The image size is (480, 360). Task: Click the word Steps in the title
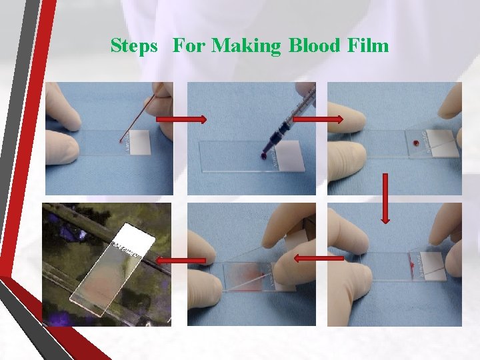coord(134,46)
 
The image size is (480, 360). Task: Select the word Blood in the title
coord(315,45)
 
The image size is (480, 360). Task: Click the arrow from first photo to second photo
coord(181,119)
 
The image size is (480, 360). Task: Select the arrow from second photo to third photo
coord(318,119)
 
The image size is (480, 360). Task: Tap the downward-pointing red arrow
coord(385,199)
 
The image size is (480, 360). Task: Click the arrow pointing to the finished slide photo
coord(181,261)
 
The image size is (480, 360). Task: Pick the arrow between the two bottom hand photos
coord(319,259)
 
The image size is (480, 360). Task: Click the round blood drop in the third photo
coord(415,143)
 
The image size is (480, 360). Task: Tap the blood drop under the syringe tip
coord(263,157)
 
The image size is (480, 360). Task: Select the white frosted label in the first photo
coord(140,143)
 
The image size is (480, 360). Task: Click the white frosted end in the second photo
coord(291,156)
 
